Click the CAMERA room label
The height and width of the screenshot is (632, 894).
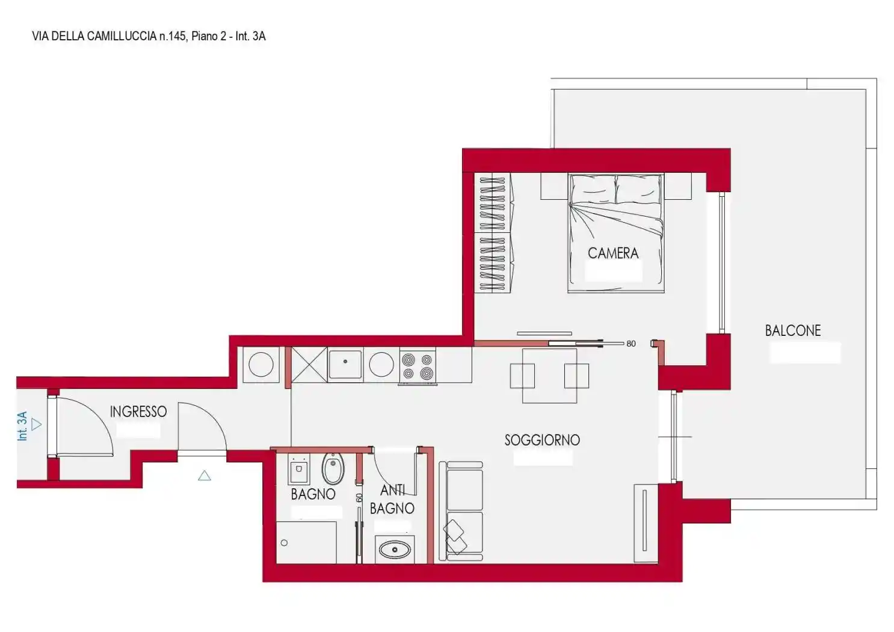613,253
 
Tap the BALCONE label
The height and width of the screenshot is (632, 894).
792,330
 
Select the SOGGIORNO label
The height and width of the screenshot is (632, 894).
542,440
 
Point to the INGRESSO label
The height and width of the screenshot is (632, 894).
138,412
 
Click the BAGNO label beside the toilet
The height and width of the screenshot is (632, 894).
313,494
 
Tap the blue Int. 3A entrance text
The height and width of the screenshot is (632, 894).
22,426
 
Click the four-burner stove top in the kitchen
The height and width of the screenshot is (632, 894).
418,367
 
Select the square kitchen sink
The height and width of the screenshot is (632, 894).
345,364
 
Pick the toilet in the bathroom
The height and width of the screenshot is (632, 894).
333,468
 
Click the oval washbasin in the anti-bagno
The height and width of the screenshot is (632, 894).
395,550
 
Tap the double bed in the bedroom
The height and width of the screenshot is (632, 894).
616,233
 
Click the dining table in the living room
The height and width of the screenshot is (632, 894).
549,376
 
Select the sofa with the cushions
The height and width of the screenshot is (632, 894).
461,512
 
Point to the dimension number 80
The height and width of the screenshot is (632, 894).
631,344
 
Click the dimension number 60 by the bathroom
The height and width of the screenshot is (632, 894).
359,498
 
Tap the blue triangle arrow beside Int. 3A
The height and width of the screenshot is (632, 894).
36,424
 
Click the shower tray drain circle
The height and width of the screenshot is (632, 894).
284,543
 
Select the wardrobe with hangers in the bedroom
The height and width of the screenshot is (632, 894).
493,233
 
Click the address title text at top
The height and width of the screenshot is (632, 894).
149,36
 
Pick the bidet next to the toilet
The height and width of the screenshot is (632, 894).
298,469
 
